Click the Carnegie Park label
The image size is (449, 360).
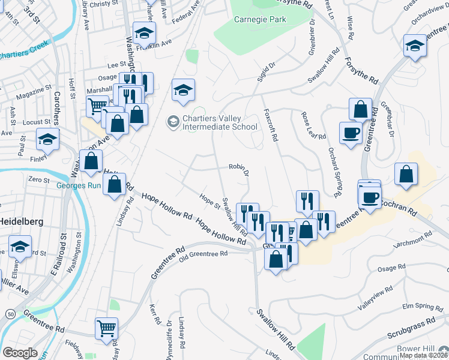tap(260, 19)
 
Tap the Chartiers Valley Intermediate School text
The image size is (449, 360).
tap(220, 122)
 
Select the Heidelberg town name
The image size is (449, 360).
tap(20, 221)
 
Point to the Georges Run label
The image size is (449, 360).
tap(77, 185)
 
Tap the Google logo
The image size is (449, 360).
tap(20, 353)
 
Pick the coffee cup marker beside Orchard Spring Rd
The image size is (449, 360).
tap(350, 133)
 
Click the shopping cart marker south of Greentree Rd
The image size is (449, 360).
tap(106, 328)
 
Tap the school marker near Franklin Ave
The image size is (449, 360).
tap(144, 32)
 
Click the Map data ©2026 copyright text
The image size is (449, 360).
tap(424, 355)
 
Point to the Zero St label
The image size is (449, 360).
tap(38, 179)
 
